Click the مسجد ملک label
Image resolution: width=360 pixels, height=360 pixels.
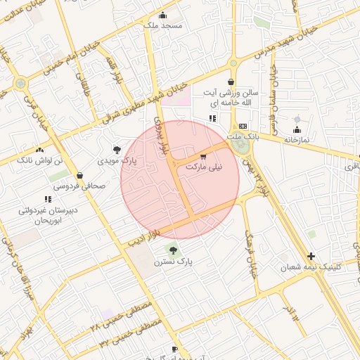[162, 25]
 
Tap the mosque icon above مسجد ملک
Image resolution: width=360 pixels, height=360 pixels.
[163, 15]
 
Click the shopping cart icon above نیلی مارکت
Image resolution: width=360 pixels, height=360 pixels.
[203, 157]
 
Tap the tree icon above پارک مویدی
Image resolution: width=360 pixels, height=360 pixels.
[116, 149]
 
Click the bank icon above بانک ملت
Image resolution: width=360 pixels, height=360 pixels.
[243, 125]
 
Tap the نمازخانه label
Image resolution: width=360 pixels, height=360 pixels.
[297, 140]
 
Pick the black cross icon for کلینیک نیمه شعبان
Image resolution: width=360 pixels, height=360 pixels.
[311, 256]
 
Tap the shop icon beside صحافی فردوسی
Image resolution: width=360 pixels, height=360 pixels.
[79, 175]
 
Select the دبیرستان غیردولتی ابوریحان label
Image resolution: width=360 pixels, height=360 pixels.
[48, 214]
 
